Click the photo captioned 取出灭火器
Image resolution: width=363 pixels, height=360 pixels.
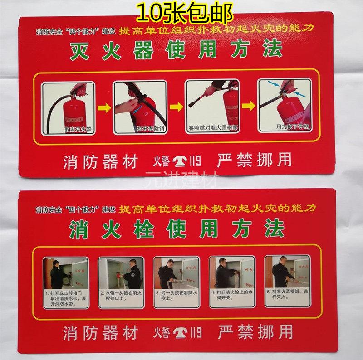68,108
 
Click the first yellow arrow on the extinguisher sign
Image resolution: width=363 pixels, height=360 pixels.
104,108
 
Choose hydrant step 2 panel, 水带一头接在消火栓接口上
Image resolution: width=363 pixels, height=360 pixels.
121,282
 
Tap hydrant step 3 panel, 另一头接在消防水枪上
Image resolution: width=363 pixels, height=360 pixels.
176,282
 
